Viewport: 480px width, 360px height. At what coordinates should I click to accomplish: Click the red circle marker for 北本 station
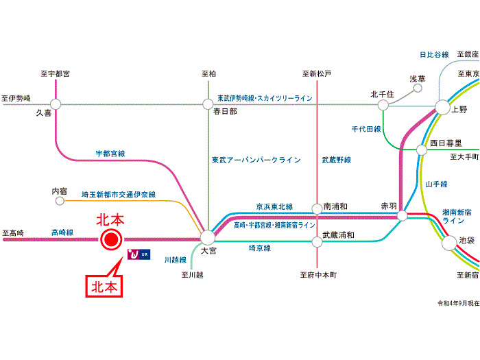pyautogui.click(x=110, y=239)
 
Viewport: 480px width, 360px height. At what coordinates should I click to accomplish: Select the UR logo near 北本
pyautogui.click(x=138, y=255)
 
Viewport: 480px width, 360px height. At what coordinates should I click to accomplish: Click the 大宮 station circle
pyautogui.click(x=207, y=238)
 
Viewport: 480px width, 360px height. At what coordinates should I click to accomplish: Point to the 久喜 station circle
pyautogui.click(x=56, y=104)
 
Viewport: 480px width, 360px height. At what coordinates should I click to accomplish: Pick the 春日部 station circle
pyautogui.click(x=208, y=104)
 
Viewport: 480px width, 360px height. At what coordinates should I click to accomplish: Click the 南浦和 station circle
pyautogui.click(x=317, y=208)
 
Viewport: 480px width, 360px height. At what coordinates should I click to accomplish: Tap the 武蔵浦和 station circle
pyautogui.click(x=317, y=241)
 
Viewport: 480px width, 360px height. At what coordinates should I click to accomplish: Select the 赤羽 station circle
pyautogui.click(x=403, y=216)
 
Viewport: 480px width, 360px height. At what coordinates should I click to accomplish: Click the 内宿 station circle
pyautogui.click(x=59, y=202)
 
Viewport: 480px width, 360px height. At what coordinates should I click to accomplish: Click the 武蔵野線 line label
pyautogui.click(x=336, y=160)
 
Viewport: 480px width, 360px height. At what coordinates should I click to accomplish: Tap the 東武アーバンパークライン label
pyautogui.click(x=256, y=160)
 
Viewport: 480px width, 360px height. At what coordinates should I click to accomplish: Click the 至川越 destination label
pyautogui.click(x=193, y=275)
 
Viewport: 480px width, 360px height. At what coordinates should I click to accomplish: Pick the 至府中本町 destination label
pyautogui.click(x=318, y=275)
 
